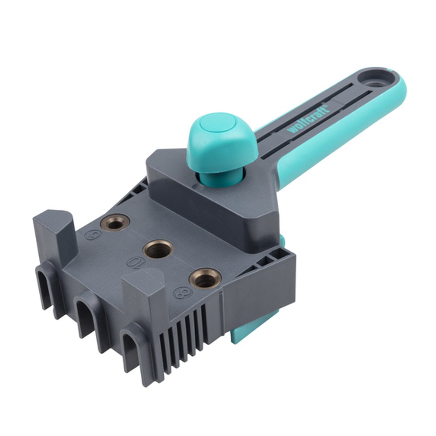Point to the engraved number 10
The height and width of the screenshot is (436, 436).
pos(134,263)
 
